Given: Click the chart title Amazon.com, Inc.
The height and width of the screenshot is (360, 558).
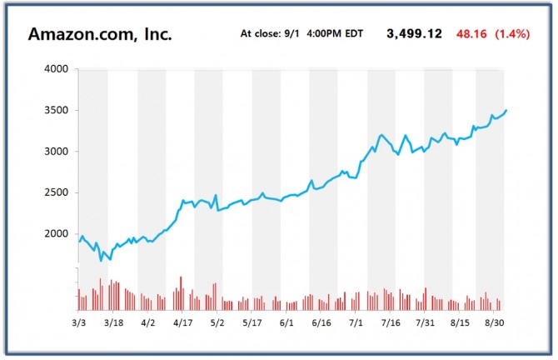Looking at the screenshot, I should [x=100, y=34].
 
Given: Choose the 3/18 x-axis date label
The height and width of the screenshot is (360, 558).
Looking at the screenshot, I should [x=113, y=322].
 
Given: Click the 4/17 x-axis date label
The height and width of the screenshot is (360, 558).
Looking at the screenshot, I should [x=182, y=322].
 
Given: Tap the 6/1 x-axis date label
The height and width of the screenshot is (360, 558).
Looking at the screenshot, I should [x=288, y=322].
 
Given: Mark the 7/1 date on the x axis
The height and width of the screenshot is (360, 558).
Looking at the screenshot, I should [x=356, y=322].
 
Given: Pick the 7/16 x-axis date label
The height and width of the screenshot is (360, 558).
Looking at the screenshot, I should [x=391, y=322].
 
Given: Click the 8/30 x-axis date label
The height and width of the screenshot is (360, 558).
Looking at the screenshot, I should [x=494, y=322].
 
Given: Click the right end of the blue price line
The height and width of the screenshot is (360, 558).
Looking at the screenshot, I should [x=506, y=110].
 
